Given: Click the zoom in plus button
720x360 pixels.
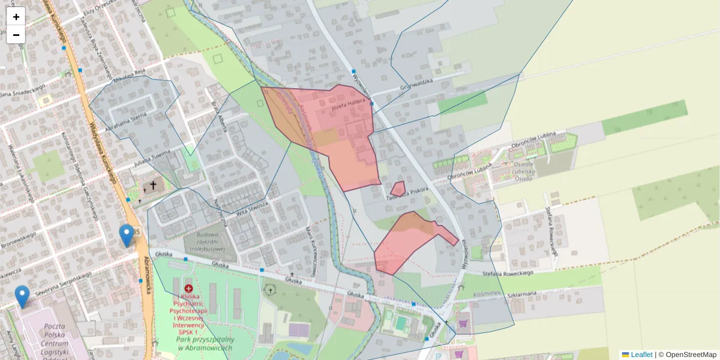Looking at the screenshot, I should click(16, 17).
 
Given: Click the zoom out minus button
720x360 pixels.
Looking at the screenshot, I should click(16, 35).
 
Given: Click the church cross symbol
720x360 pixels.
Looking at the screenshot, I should click(153, 186).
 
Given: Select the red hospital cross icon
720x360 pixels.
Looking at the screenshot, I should click(188, 289).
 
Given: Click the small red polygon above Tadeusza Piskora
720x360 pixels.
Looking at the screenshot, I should click(398, 188).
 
